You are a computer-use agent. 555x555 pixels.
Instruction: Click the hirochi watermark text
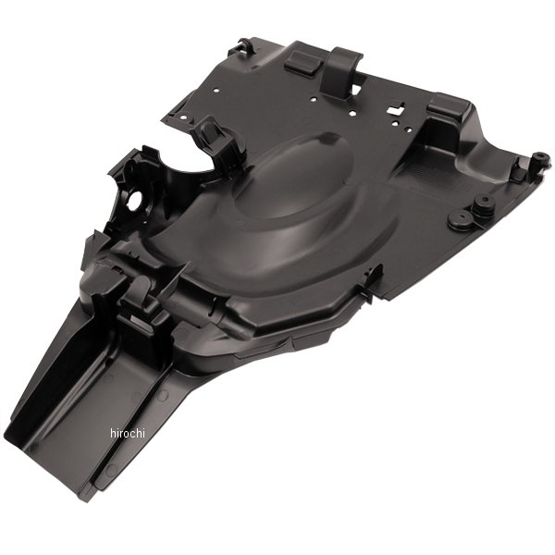(128, 433)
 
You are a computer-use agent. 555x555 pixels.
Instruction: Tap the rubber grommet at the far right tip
(541, 159)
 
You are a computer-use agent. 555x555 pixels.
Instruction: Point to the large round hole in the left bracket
(135, 200)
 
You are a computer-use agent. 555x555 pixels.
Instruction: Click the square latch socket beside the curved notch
(213, 137)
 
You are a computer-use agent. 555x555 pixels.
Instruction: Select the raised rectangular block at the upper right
(449, 105)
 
